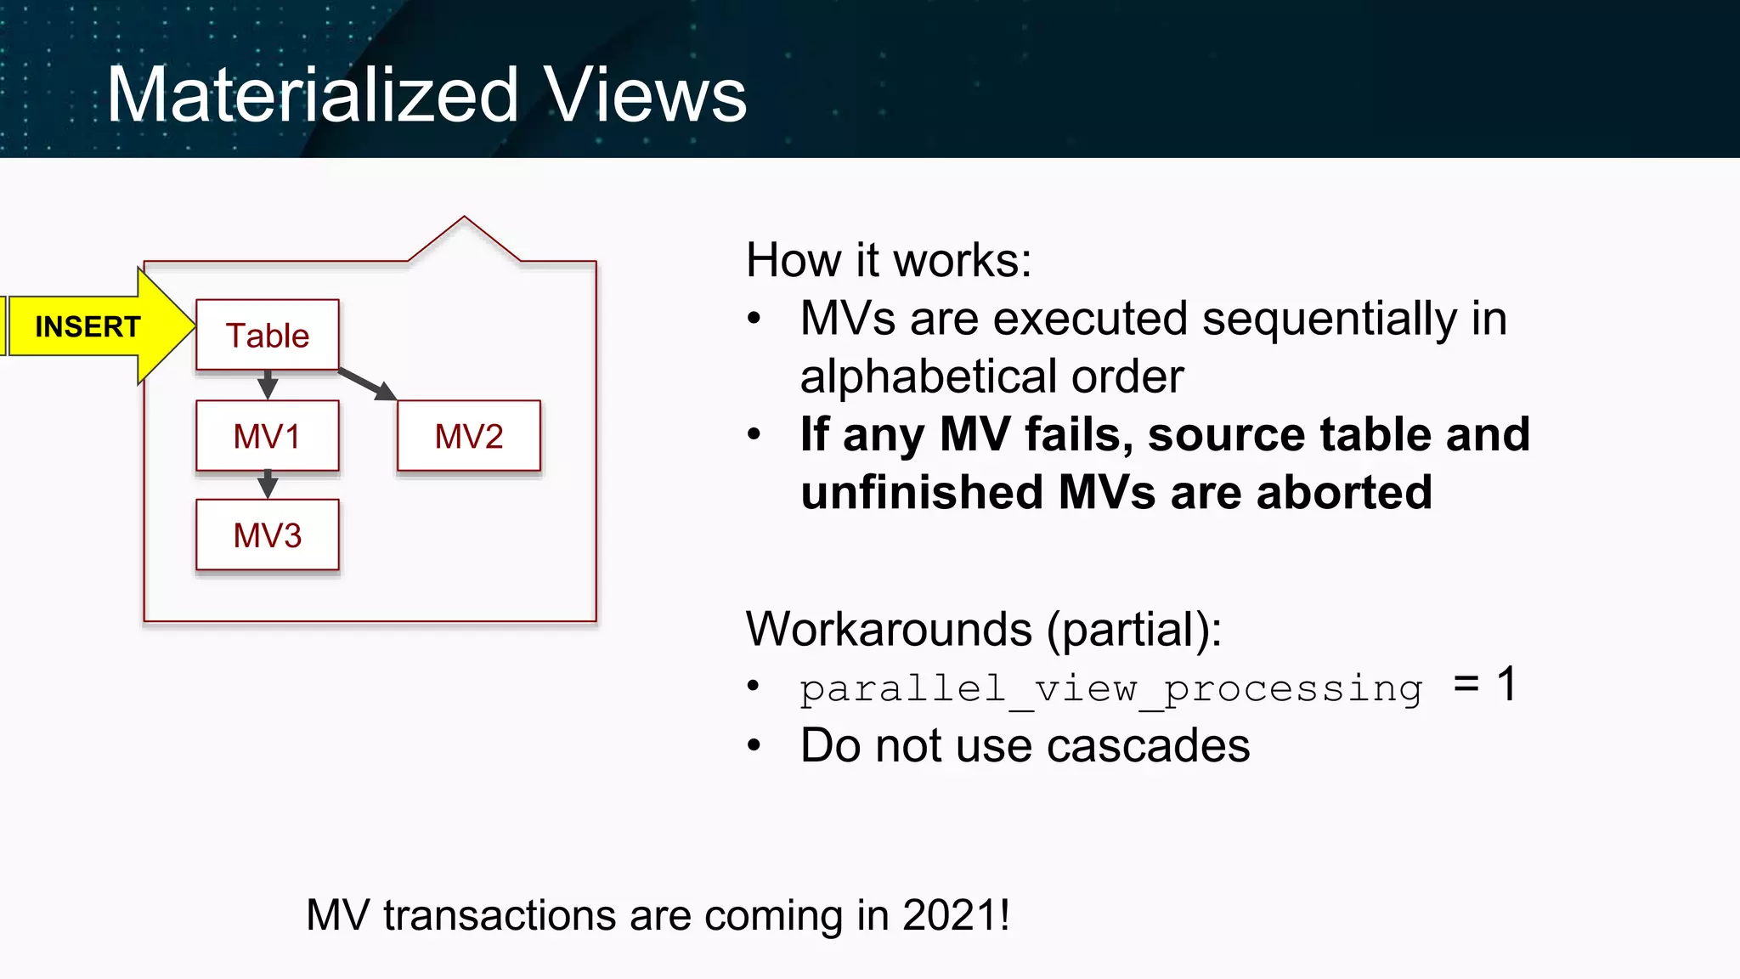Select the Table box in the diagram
[268, 336]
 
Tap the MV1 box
[268, 436]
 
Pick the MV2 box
[469, 436]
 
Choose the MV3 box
[268, 535]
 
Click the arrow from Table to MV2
[368, 384]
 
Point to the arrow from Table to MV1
[268, 385]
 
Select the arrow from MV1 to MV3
[268, 484]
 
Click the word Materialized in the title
[312, 95]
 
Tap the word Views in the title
[646, 95]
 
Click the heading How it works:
[889, 260]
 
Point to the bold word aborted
[1344, 492]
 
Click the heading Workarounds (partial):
[983, 630]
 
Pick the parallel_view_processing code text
[1110, 688]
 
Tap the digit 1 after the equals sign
[1507, 684]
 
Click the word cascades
[1148, 746]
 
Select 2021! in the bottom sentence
[957, 915]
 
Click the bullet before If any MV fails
[754, 435]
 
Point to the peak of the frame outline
[464, 218]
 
